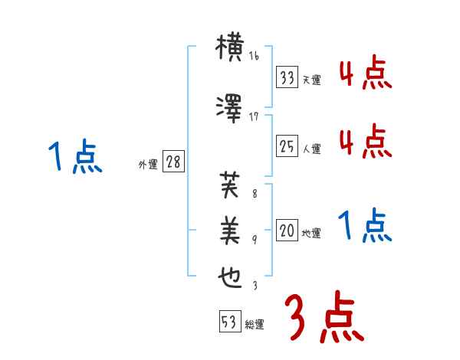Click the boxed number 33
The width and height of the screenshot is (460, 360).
(287, 77)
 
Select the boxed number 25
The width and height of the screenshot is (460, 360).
(287, 146)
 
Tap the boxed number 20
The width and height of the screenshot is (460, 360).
(287, 230)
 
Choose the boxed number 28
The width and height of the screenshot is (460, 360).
(172, 162)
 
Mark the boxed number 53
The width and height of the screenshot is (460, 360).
(229, 322)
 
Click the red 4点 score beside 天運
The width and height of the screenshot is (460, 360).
(365, 74)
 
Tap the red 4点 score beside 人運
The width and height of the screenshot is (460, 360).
(365, 142)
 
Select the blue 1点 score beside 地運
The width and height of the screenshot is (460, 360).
(365, 226)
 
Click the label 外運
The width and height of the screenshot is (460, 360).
(148, 165)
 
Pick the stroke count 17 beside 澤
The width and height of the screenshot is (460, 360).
(255, 117)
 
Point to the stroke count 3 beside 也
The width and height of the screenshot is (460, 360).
(255, 286)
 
